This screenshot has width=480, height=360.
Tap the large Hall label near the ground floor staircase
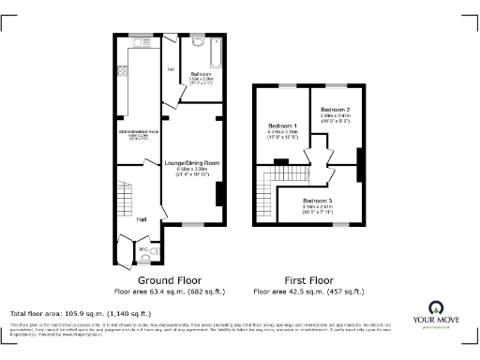[142, 219]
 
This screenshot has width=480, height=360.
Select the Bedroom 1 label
[282, 126]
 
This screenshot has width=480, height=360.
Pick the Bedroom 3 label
[317, 201]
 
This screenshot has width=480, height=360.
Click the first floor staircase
[268, 192]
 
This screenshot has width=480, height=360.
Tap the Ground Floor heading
[170, 280]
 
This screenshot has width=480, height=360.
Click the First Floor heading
[308, 280]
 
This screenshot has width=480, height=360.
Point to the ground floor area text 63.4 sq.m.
[170, 292]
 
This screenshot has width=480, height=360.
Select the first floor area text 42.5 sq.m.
[308, 292]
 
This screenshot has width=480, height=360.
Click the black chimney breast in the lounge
[218, 193]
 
